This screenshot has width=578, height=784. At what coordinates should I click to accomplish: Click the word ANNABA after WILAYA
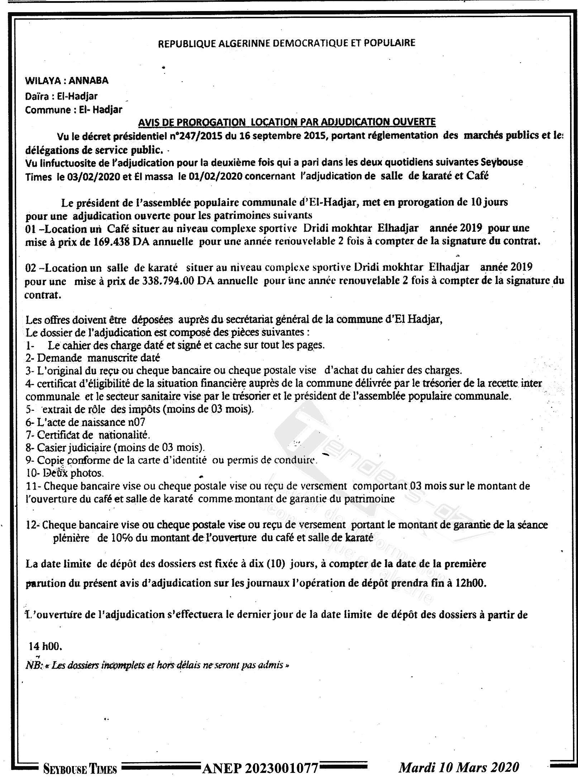tap(88, 81)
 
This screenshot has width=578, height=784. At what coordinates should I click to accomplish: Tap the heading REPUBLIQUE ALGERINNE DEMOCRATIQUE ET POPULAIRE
tap(286, 43)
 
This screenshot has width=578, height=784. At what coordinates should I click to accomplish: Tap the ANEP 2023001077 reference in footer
tap(261, 768)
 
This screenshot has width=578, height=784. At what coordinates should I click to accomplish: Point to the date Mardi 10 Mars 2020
tap(459, 767)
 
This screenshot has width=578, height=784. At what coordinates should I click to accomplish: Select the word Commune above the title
tap(48, 110)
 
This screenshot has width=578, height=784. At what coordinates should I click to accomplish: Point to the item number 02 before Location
tap(31, 268)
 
